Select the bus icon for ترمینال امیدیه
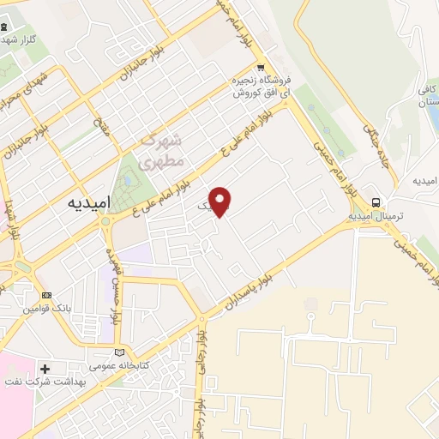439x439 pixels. (x=376, y=202)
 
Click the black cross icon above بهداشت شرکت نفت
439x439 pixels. (x=45, y=369)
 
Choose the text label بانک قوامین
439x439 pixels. (x=45, y=307)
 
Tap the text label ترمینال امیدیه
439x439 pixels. (x=376, y=217)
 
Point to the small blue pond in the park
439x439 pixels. (x=129, y=181)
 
